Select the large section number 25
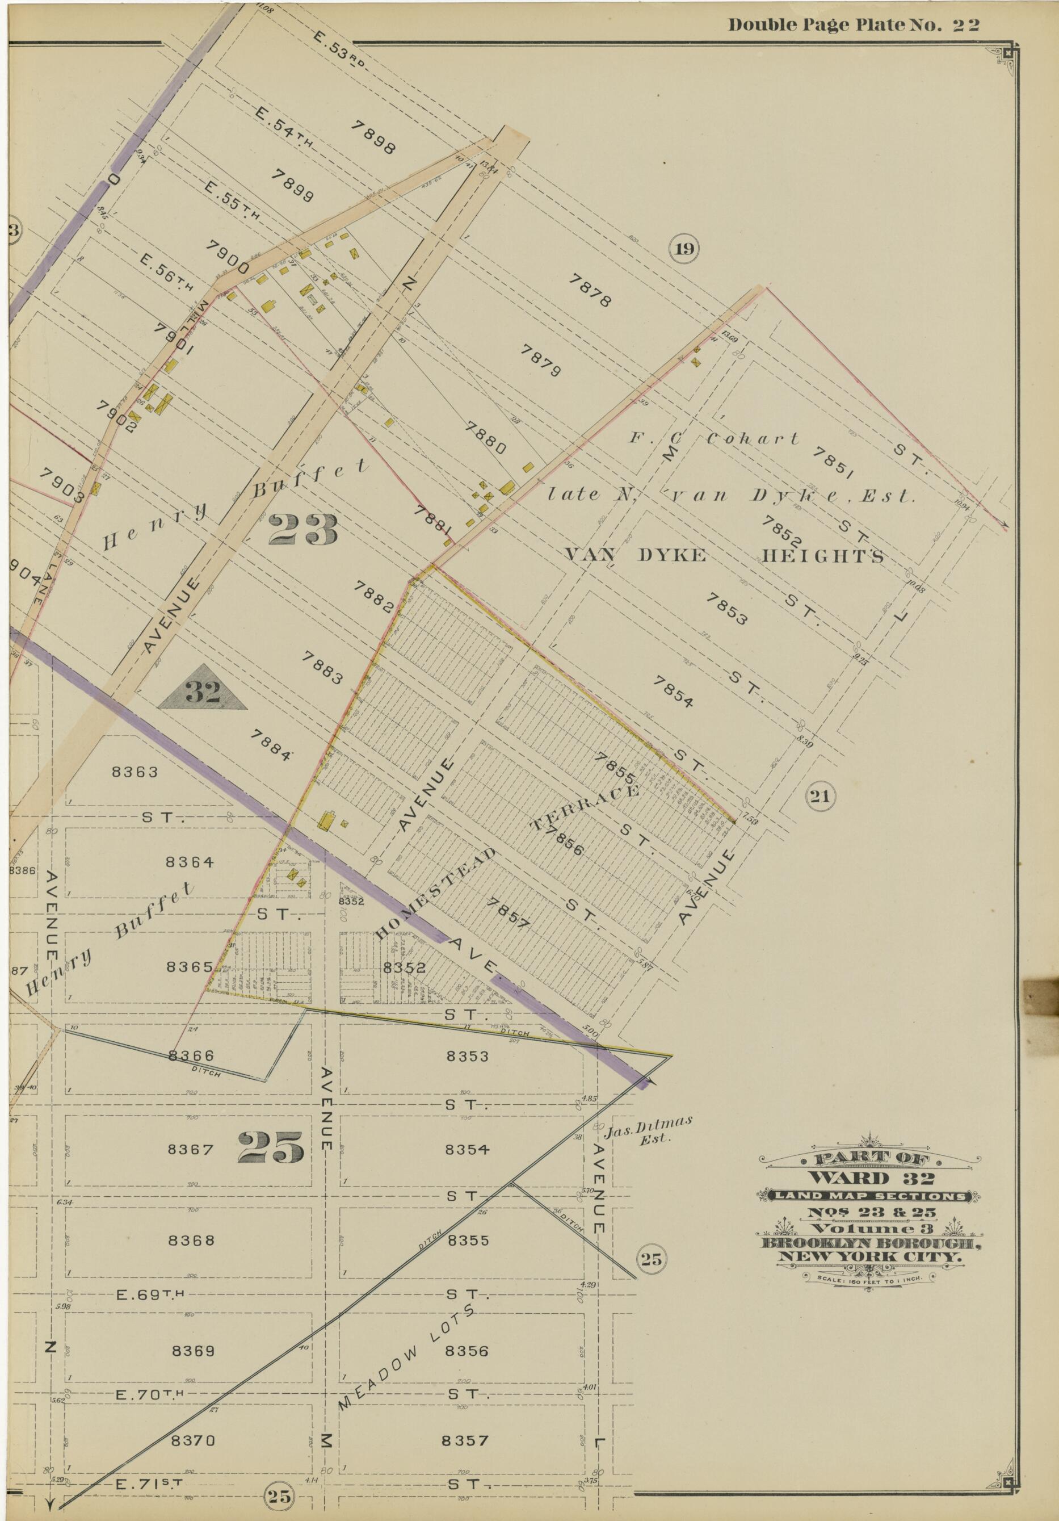point(270,1147)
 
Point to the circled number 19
point(684,249)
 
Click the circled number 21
point(820,797)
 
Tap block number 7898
point(374,138)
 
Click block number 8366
point(191,1056)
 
